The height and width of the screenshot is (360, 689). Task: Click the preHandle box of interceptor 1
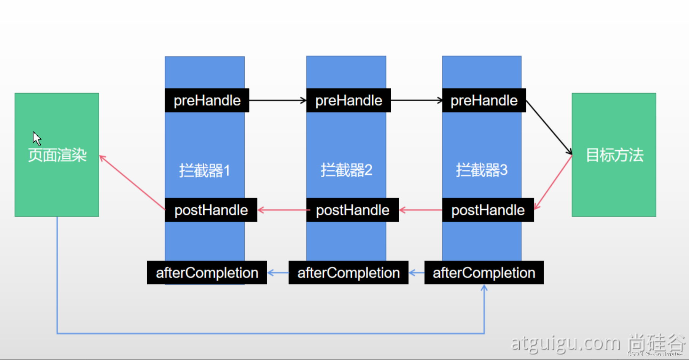click(x=207, y=100)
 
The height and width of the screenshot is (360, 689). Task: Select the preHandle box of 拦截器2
click(x=348, y=100)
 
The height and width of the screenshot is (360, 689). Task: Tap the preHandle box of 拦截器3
click(x=484, y=100)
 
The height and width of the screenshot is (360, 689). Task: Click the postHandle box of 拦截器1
click(x=211, y=210)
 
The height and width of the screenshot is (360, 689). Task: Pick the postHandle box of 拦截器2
click(x=352, y=210)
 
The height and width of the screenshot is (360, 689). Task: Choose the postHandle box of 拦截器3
click(x=488, y=210)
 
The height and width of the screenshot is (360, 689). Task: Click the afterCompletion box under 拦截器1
click(x=207, y=273)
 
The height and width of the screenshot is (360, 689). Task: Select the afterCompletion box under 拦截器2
click(x=348, y=273)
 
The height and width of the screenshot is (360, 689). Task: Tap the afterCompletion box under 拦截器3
click(x=484, y=273)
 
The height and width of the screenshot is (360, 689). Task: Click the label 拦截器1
click(x=205, y=170)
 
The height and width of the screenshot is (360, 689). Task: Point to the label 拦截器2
click(x=346, y=170)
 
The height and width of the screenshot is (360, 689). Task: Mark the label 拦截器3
click(x=482, y=170)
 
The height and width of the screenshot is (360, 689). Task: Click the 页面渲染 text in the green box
click(x=57, y=155)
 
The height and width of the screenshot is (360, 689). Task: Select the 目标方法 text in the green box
click(x=614, y=155)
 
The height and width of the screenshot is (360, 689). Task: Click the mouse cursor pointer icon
click(x=37, y=139)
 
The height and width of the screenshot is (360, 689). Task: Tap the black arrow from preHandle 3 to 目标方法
click(x=549, y=127)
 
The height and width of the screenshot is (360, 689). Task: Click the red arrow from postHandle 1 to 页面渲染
click(x=132, y=182)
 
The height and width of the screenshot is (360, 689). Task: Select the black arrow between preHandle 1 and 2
click(x=277, y=100)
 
